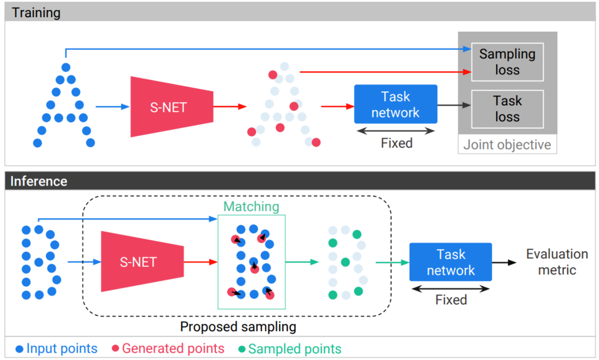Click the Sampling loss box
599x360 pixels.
click(507, 62)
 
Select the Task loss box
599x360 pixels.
click(507, 109)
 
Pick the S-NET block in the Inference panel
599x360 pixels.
click(138, 262)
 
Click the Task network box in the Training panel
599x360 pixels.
click(396, 104)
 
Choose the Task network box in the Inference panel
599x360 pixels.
click(450, 262)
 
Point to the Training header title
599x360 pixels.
click(36, 12)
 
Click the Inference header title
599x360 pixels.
click(39, 181)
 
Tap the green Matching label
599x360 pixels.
click(251, 207)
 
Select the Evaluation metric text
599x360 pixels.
click(557, 262)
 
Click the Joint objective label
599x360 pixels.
click(507, 145)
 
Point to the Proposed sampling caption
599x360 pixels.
click(238, 326)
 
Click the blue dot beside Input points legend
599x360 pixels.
click(19, 349)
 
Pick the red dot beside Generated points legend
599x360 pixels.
click(115, 349)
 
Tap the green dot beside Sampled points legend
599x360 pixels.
click(242, 349)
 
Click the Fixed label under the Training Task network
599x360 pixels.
click(396, 143)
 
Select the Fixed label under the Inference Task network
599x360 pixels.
click(451, 299)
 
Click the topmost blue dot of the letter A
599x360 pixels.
click(66, 67)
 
